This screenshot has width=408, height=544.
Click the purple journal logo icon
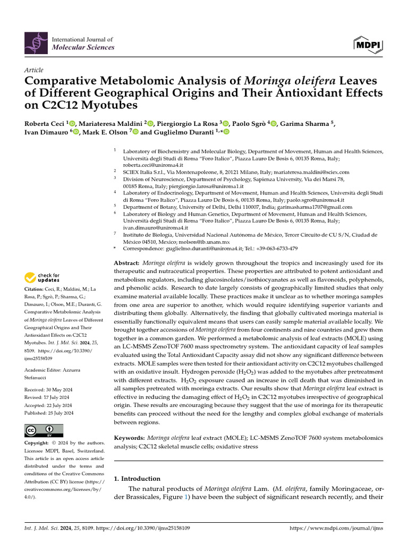click(x=36, y=43)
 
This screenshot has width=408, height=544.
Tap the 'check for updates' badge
click(x=42, y=277)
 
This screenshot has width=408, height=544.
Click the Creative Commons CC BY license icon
click(x=44, y=431)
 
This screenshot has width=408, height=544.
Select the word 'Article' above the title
click(x=34, y=70)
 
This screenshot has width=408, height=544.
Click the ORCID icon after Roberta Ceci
click(x=72, y=124)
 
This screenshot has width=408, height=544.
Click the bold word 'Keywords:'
click(x=130, y=437)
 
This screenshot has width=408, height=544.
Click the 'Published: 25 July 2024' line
click(x=49, y=413)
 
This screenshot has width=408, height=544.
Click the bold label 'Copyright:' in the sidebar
click(x=39, y=443)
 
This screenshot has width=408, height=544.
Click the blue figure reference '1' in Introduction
click(x=185, y=497)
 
